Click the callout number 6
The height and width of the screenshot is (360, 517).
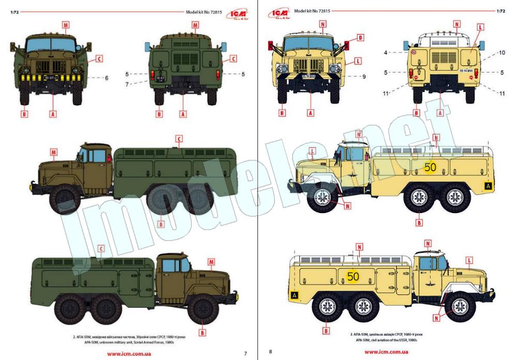click(x=106, y=78)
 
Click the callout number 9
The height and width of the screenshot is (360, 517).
click(x=363, y=77)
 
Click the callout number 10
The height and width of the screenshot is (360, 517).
click(x=501, y=53)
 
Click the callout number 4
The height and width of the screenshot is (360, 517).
click(x=386, y=52)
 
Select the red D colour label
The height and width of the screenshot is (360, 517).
click(x=360, y=38)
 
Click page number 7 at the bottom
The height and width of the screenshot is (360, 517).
click(x=245, y=353)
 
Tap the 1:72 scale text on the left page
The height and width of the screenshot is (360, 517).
click(x=14, y=10)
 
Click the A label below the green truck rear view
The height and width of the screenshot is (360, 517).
click(x=182, y=112)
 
